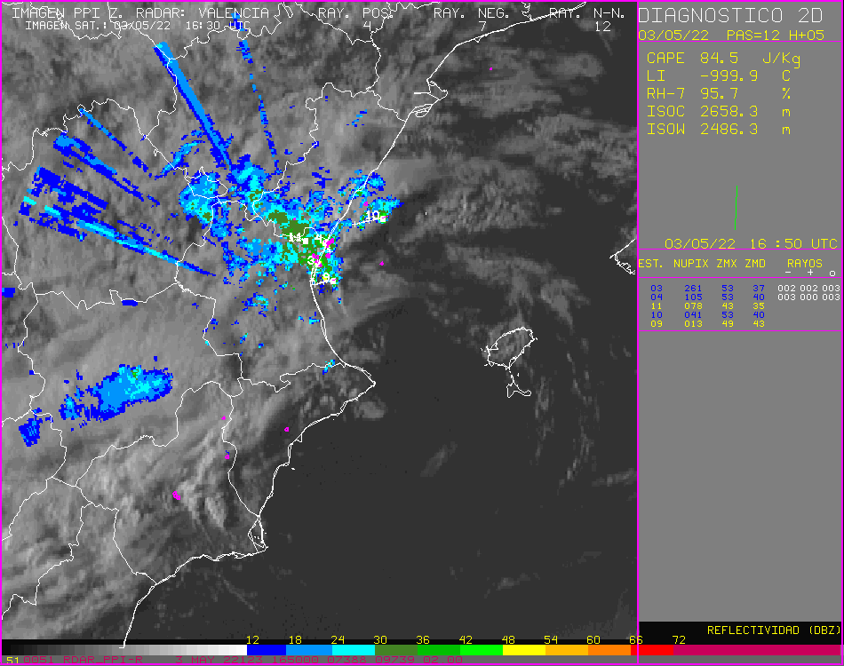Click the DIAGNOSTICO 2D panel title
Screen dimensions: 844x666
711,16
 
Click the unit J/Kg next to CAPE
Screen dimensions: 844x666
782,59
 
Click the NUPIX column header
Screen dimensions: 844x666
691,264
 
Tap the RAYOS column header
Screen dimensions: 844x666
804,264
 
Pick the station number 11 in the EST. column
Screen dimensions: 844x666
656,305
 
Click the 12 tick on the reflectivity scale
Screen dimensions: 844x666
252,639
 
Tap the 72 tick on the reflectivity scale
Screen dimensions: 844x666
678,639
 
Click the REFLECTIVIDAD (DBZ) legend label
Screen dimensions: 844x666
773,630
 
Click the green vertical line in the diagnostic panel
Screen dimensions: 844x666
737,209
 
